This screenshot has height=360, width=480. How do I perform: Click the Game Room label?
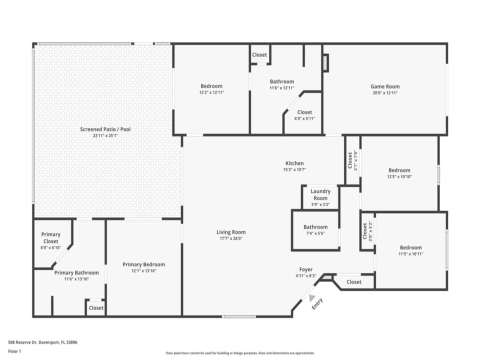(385, 86)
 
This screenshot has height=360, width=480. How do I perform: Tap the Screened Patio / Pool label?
(105, 129)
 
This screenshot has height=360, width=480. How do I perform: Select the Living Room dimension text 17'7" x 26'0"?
(231, 238)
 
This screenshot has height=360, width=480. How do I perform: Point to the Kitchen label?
(294, 163)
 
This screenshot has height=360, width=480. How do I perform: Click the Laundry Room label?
(320, 194)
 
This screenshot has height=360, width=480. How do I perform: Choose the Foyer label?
(306, 269)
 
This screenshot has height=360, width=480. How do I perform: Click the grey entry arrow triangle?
(311, 297)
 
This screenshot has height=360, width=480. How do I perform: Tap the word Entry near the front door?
(317, 303)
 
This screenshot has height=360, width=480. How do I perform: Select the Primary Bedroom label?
(144, 264)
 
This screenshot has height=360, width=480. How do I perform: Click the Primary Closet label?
(51, 238)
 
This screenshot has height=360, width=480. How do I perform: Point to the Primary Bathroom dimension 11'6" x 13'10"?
(76, 279)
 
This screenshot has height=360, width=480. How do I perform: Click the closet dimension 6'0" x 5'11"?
(304, 119)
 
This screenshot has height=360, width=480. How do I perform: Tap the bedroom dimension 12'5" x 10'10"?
(399, 176)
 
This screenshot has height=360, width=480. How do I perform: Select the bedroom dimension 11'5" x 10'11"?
(411, 254)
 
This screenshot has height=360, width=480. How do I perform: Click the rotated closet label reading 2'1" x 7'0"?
(355, 160)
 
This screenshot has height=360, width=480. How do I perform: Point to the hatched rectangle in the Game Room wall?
(325, 63)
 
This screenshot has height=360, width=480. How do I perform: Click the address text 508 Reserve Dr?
(22, 342)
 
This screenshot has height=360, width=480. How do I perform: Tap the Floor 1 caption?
(14, 351)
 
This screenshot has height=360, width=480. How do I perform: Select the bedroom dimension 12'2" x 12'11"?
(211, 92)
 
